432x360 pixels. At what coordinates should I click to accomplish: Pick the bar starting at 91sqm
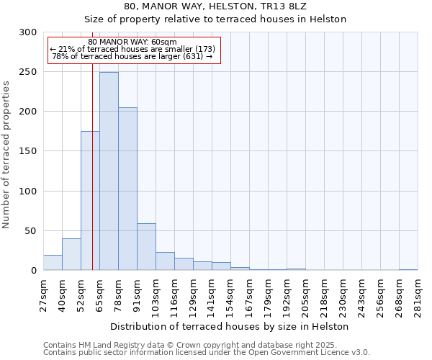click(x=146, y=247)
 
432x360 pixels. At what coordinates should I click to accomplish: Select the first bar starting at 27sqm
click(x=53, y=263)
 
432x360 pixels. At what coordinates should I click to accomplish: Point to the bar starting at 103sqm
click(x=165, y=261)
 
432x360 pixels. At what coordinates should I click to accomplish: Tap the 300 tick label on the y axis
click(x=28, y=32)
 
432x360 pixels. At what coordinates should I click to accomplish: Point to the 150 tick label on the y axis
click(x=28, y=151)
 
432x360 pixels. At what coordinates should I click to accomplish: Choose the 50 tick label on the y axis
click(x=31, y=231)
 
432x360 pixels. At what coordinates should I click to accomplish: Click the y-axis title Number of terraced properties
click(x=6, y=155)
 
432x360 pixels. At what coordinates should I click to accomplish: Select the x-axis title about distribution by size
click(x=230, y=326)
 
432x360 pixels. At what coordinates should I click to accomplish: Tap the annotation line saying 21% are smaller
click(x=132, y=49)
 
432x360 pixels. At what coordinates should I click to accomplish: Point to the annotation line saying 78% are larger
click(x=132, y=56)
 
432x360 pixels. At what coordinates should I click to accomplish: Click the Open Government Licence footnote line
click(x=207, y=353)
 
